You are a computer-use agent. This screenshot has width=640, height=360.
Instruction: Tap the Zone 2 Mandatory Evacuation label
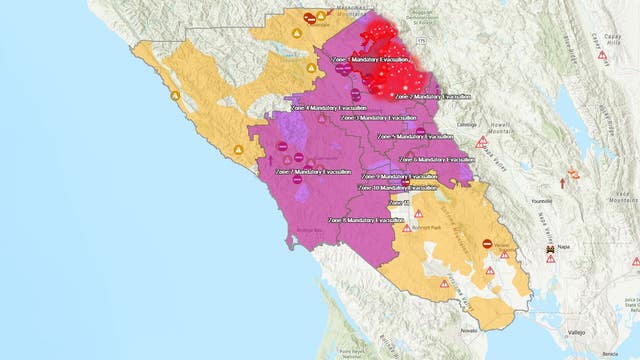pos(431,97)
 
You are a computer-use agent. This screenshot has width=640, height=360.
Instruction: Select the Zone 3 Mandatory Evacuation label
pos(381,117)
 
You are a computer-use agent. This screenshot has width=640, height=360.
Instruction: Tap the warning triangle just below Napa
pos(551,259)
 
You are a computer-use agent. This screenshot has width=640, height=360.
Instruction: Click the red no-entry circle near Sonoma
pos(487,243)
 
